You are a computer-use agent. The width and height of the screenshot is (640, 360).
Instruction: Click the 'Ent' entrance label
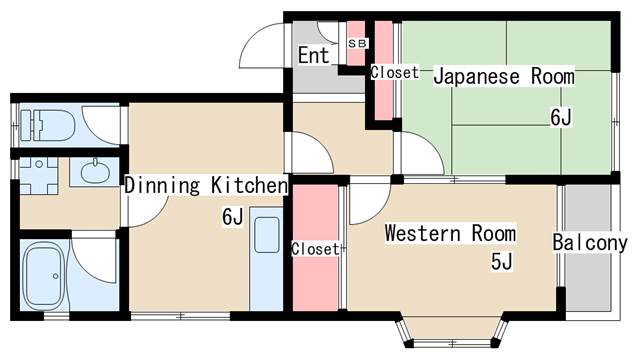click(313, 56)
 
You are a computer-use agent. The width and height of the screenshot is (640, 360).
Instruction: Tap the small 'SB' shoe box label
click(357, 43)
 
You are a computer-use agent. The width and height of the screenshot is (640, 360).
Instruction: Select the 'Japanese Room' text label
click(504, 76)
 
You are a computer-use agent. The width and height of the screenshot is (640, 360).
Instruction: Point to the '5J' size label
click(502, 262)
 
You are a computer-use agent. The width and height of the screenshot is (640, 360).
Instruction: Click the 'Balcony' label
click(590, 243)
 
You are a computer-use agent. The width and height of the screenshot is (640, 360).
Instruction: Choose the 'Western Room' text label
click(450, 233)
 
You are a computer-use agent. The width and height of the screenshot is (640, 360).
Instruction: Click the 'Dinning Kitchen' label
click(206, 185)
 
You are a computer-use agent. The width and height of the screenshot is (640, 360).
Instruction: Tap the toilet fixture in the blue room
click(47, 125)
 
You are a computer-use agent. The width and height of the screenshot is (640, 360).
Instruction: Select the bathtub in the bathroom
click(43, 276)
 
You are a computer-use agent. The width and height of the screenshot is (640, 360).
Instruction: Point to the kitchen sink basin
click(267, 235)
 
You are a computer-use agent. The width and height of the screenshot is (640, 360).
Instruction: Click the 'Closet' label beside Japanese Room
click(395, 73)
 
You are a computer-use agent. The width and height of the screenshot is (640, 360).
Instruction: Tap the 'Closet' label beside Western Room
click(315, 249)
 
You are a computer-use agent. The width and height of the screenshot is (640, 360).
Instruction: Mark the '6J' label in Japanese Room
click(561, 118)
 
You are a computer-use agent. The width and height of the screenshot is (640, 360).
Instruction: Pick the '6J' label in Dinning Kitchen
click(233, 216)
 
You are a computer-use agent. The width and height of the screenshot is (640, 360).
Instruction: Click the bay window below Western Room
click(451, 331)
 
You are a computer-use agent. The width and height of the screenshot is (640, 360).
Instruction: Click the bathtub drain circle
click(56, 276)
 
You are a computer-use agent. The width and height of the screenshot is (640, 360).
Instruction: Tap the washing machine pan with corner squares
click(39, 176)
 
